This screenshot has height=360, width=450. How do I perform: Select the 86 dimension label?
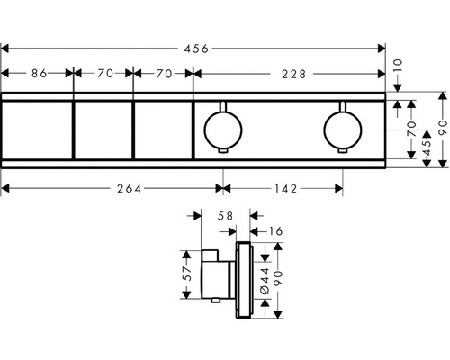pos(38,74)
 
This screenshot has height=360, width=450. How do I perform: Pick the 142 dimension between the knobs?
pos(283,188)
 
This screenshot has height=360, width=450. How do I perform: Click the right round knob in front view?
pos(341,128)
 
